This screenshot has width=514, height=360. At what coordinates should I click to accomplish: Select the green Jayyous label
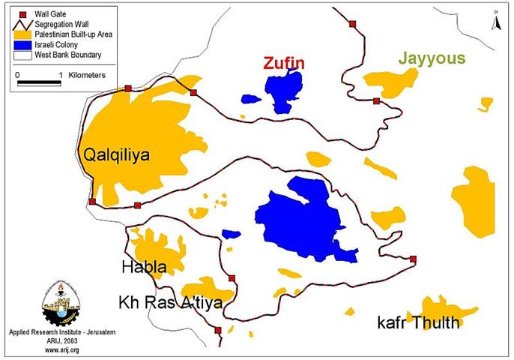[432, 58]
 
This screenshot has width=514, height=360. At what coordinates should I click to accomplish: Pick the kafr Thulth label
[418, 324]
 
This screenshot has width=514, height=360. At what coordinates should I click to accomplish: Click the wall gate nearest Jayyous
[376, 100]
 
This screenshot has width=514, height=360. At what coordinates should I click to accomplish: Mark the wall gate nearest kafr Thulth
[413, 259]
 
